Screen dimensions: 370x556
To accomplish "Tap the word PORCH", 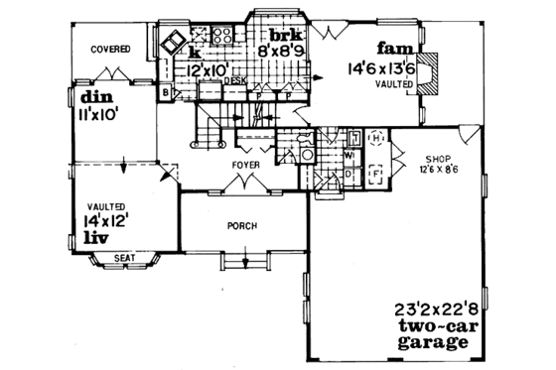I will [x=243, y=226].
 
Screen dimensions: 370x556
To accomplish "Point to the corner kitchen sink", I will [x=167, y=44].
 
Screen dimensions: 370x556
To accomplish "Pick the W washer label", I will [x=349, y=155].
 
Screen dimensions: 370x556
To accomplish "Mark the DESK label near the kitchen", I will [x=235, y=83].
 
